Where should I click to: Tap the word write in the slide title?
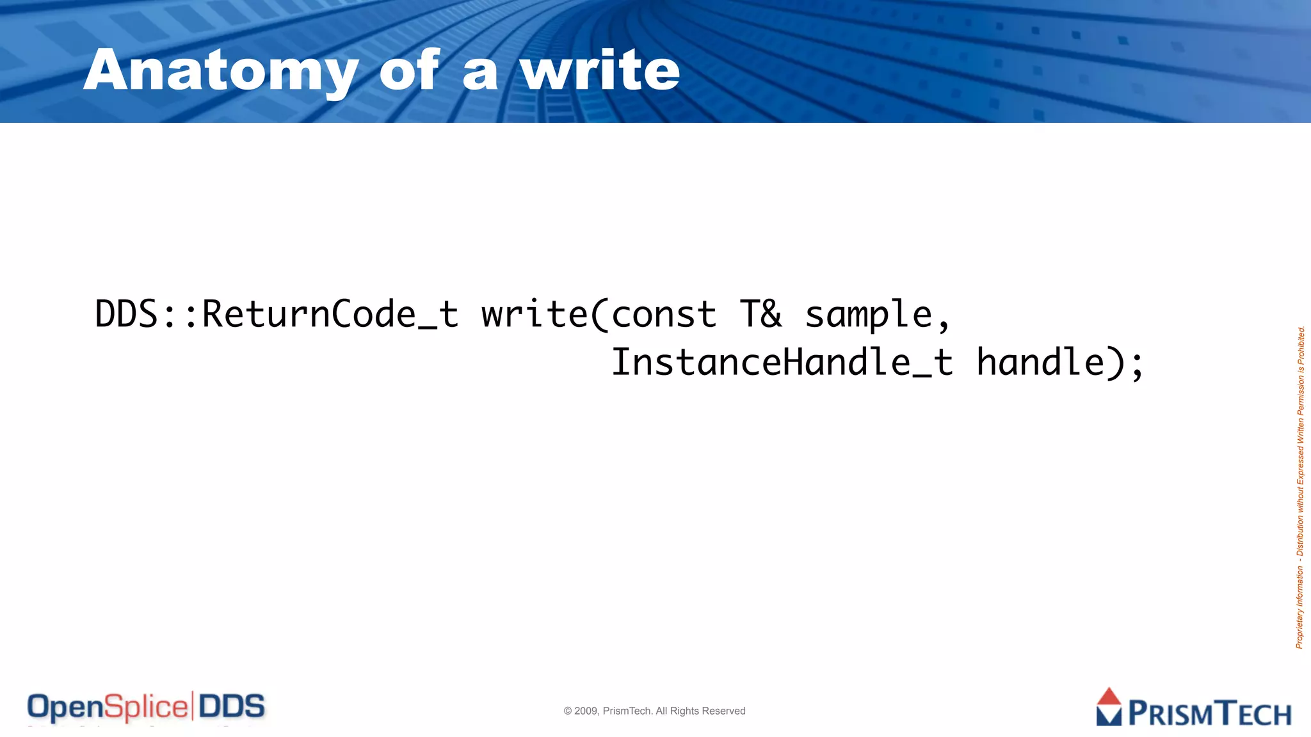pyautogui.click(x=600, y=70)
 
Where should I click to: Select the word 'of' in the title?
pyautogui.click(x=409, y=70)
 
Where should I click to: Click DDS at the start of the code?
pyautogui.click(x=127, y=315)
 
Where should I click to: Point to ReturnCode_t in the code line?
pyautogui.click(x=330, y=315)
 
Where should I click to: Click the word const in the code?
pyautogui.click(x=664, y=315)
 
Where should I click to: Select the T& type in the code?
pyautogui.click(x=760, y=315)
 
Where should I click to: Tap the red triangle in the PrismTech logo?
pyautogui.click(x=1109, y=697)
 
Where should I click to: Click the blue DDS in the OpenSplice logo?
pyautogui.click(x=232, y=707)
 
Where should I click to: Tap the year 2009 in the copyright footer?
pyautogui.click(x=586, y=711)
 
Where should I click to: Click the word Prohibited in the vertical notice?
pyautogui.click(x=1301, y=345)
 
